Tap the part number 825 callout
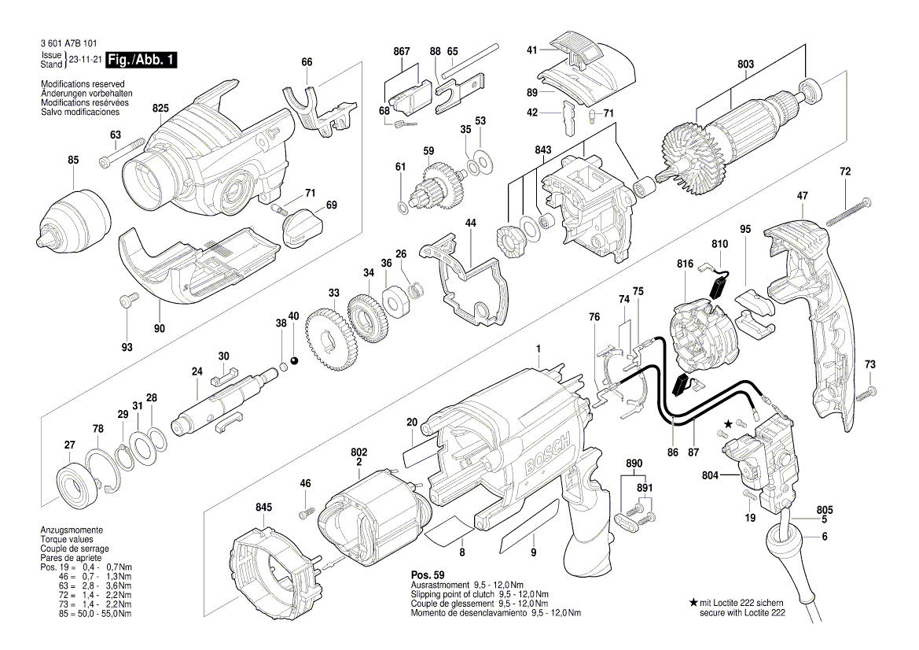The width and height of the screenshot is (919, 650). pos(160,108)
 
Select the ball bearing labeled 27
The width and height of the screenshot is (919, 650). pos(78,482)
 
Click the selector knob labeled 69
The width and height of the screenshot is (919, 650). pos(302,226)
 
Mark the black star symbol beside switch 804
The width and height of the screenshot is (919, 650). pos(728,425)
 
